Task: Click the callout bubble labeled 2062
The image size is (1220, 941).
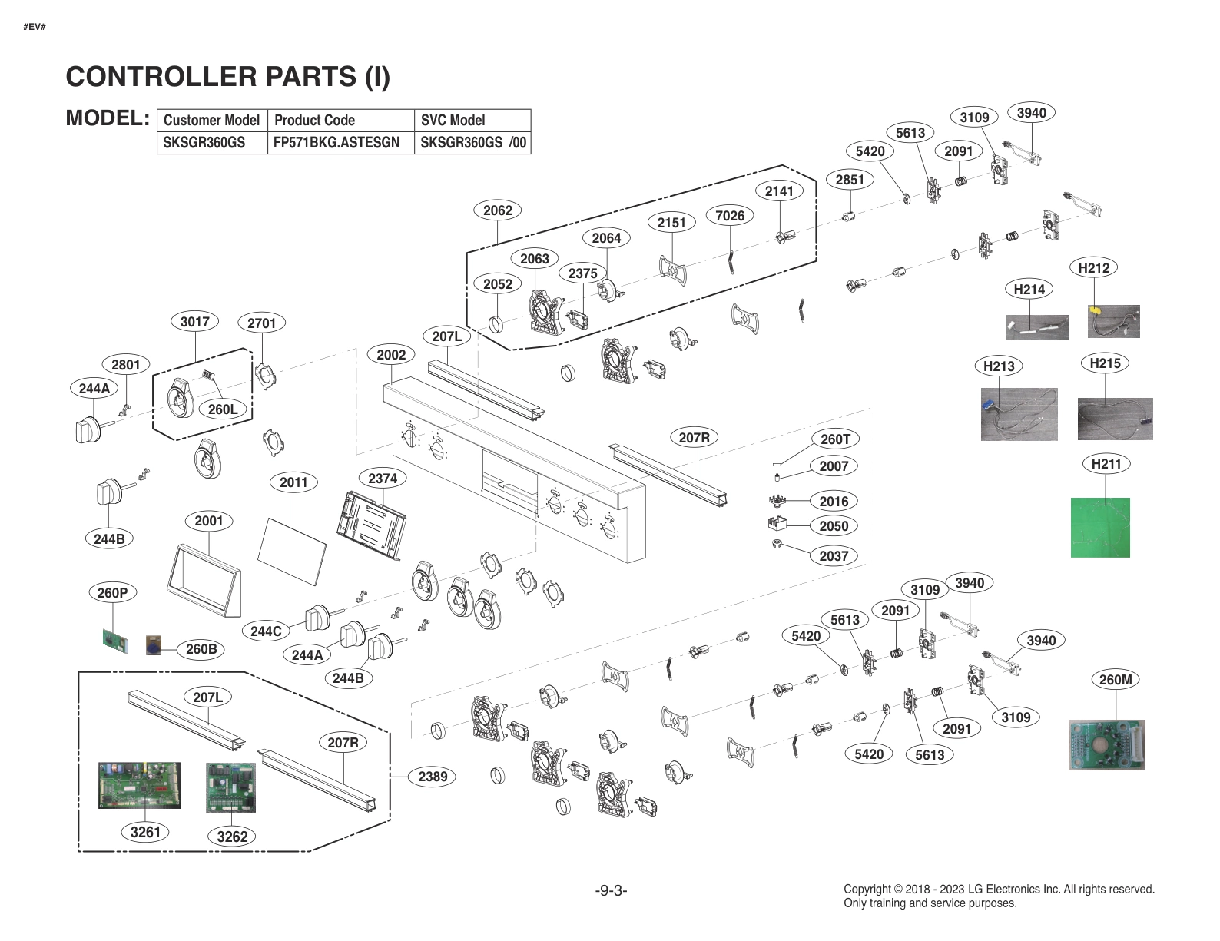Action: [x=498, y=210]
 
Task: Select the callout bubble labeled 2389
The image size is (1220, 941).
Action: [x=433, y=777]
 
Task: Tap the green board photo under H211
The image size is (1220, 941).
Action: [x=1100, y=527]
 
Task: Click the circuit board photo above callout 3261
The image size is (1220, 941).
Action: [x=139, y=785]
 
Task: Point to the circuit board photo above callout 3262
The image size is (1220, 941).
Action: [x=230, y=787]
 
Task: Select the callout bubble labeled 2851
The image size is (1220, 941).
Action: [x=850, y=180]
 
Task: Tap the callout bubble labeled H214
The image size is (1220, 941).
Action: [x=1029, y=290]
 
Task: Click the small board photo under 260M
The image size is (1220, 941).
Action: [x=1106, y=744]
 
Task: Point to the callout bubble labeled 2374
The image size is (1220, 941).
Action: [x=383, y=479]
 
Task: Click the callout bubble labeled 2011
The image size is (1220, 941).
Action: [x=293, y=482]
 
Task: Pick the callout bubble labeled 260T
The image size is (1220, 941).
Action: [x=835, y=439]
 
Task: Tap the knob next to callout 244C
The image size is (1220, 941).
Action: [x=317, y=617]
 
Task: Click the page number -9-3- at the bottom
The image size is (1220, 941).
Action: [x=611, y=890]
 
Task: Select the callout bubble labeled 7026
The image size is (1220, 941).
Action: [x=729, y=216]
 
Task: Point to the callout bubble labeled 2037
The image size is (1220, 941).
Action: [x=834, y=556]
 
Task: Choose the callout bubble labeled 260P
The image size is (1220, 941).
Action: [x=112, y=593]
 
